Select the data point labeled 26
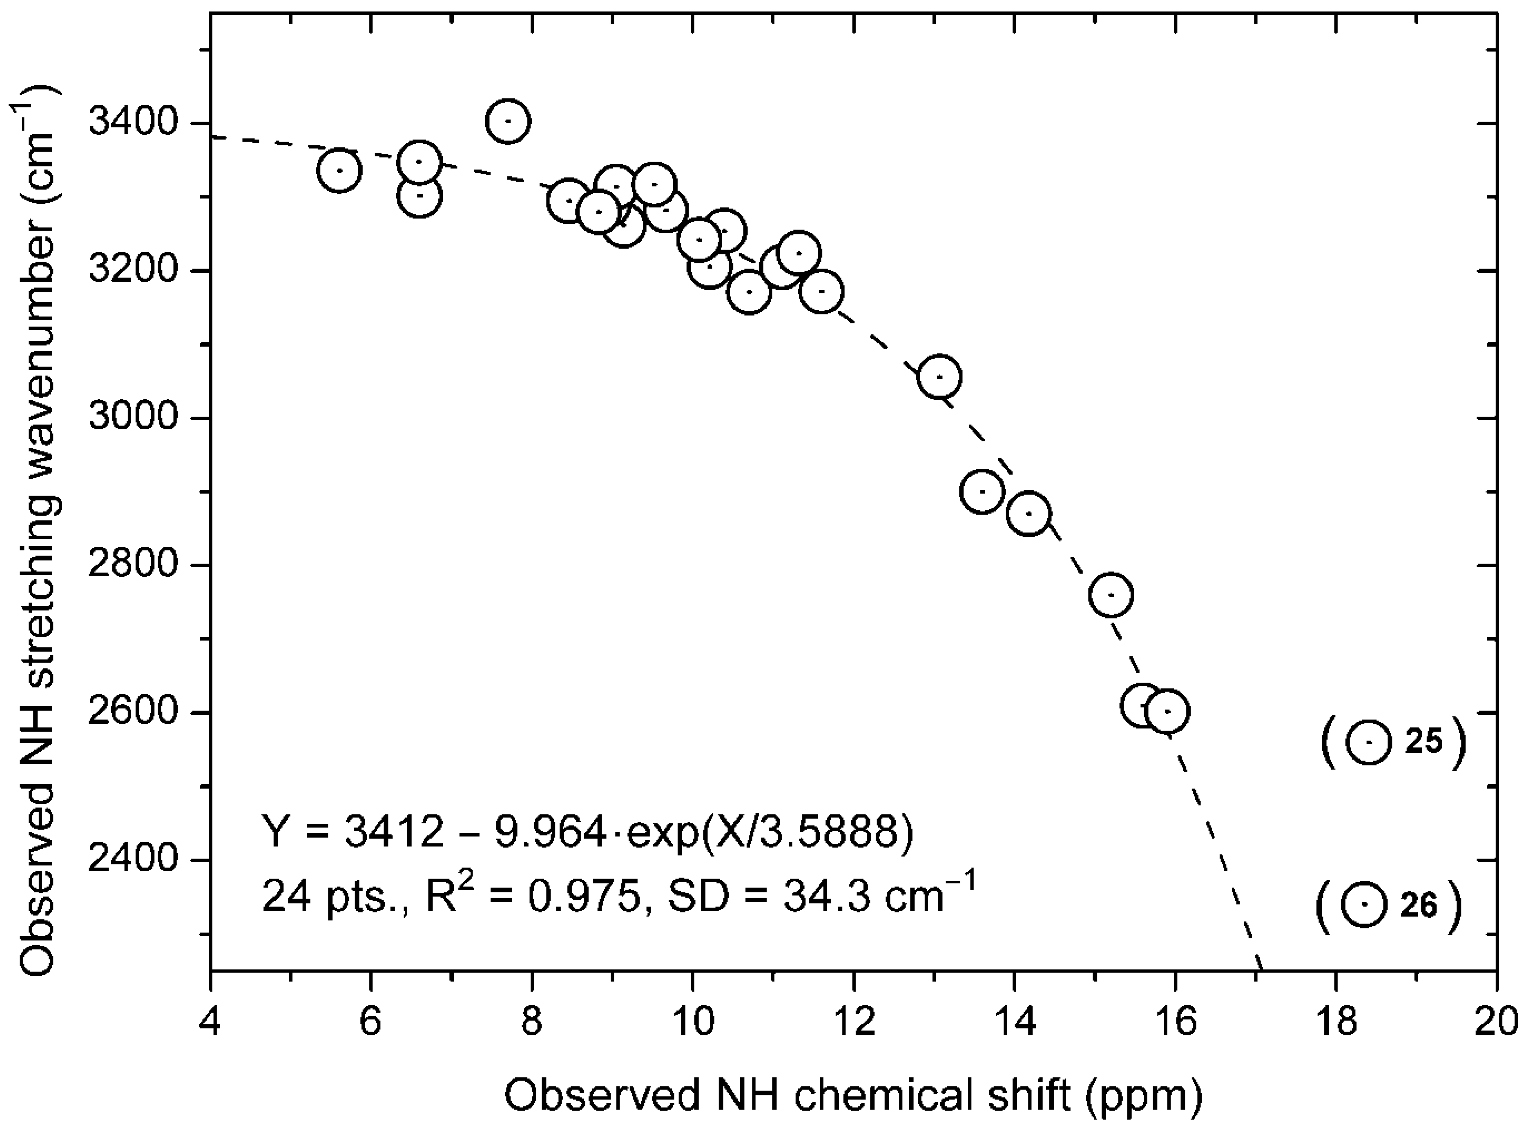1363,904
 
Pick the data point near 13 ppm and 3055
940,376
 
